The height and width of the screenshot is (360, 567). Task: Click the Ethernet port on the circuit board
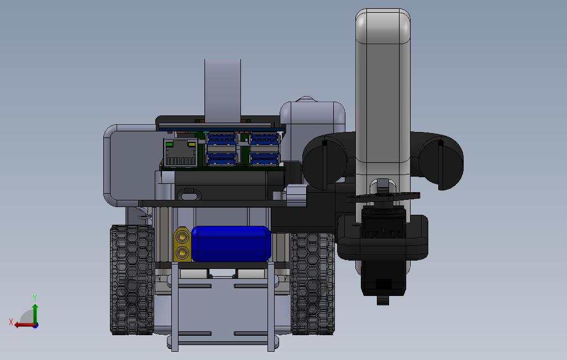[x=181, y=152]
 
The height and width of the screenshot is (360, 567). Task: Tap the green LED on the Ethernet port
[x=169, y=144]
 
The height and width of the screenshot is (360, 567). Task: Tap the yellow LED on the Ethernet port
[x=192, y=144]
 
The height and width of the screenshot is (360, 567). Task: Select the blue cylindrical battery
[x=231, y=243]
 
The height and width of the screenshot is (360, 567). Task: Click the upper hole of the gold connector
[x=182, y=237]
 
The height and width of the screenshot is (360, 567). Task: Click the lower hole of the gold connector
[x=182, y=252]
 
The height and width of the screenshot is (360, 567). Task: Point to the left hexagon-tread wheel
[x=132, y=279]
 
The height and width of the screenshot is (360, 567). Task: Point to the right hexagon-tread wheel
[x=313, y=283]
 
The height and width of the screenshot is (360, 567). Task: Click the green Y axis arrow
[x=35, y=314]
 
